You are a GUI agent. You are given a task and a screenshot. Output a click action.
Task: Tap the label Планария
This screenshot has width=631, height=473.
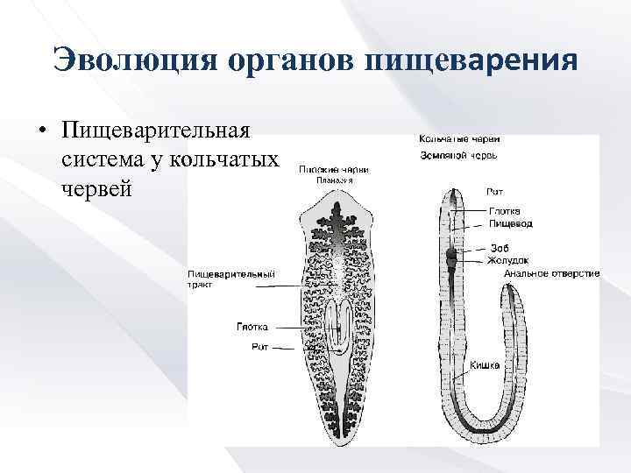click(333, 180)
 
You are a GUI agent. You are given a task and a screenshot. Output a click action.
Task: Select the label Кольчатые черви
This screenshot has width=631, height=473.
click(460, 138)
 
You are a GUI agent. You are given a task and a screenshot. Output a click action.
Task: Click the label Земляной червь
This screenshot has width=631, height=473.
click(459, 156)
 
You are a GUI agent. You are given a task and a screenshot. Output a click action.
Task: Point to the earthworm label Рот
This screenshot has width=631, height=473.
click(494, 191)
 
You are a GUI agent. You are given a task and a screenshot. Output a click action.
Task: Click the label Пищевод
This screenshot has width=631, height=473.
click(510, 223)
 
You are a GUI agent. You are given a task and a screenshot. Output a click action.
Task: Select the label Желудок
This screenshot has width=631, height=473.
click(507, 260)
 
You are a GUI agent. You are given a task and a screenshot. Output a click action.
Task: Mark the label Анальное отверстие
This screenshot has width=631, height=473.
click(551, 273)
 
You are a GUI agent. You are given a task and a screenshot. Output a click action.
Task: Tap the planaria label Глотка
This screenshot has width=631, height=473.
click(252, 327)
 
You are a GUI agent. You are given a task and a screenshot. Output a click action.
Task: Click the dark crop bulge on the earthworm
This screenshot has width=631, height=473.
click(451, 258)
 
